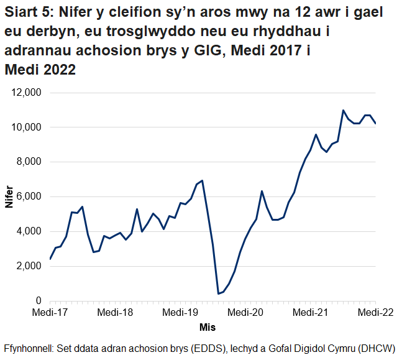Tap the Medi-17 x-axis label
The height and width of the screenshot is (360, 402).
pos(50,312)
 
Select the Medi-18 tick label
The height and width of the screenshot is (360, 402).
pos(116,312)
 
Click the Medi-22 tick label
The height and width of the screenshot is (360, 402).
pos(375,312)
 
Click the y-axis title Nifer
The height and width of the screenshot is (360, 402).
pos(9,196)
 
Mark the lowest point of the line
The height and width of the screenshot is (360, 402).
pos(218,293)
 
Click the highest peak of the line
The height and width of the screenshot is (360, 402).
pos(343,110)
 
